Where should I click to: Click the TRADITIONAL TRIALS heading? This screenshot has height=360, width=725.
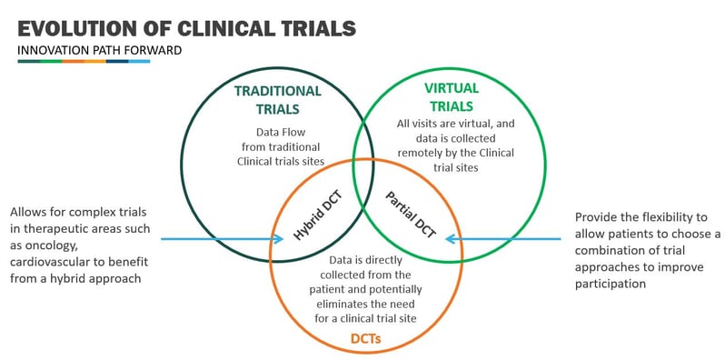coord(277,99)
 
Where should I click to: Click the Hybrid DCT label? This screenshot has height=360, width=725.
coord(314,219)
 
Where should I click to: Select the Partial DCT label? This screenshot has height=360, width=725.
coord(411,215)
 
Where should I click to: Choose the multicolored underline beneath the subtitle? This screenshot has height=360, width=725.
coord(83,62)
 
